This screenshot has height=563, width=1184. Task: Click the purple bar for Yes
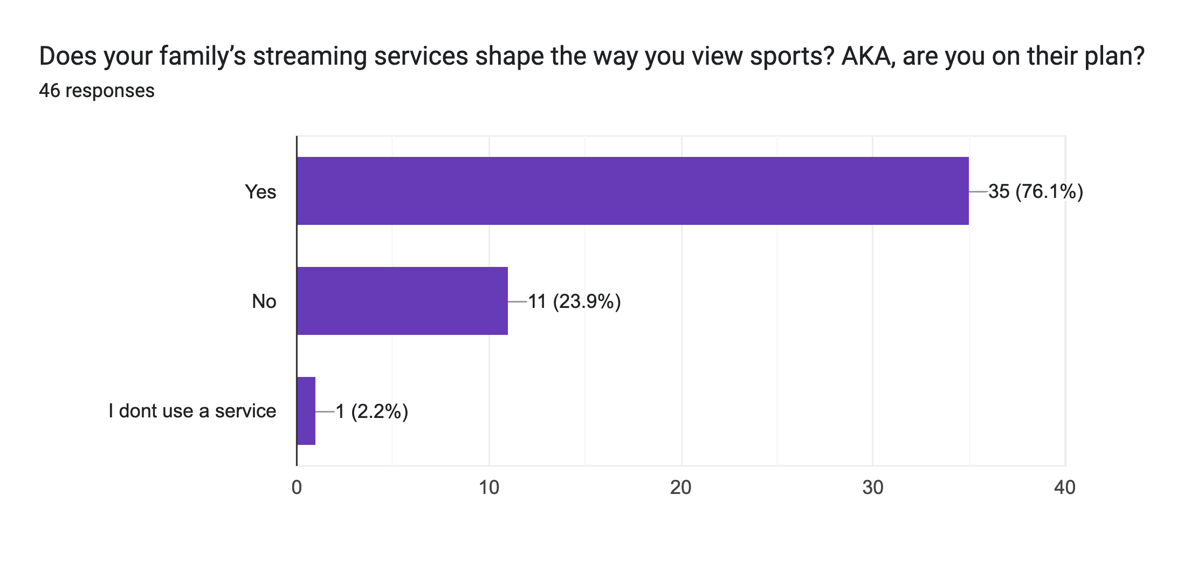tap(632, 191)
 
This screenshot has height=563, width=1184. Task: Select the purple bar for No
tap(402, 301)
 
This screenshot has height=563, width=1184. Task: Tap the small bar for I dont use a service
tap(306, 411)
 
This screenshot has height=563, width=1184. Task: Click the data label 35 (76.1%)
tap(1036, 191)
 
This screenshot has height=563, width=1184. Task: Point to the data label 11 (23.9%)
tap(574, 301)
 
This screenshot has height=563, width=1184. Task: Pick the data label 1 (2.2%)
tap(371, 411)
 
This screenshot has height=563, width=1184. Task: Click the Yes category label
tap(260, 192)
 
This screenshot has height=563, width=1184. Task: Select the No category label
tap(264, 301)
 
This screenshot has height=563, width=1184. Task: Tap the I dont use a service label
tap(192, 411)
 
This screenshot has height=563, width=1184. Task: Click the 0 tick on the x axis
tap(297, 488)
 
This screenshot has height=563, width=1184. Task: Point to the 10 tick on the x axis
tap(489, 488)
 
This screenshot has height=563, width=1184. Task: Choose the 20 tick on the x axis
tap(681, 488)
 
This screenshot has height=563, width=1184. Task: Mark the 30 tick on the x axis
tap(873, 488)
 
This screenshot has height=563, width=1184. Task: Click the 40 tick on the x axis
tap(1065, 488)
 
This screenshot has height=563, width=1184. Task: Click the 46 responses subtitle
tap(97, 91)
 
